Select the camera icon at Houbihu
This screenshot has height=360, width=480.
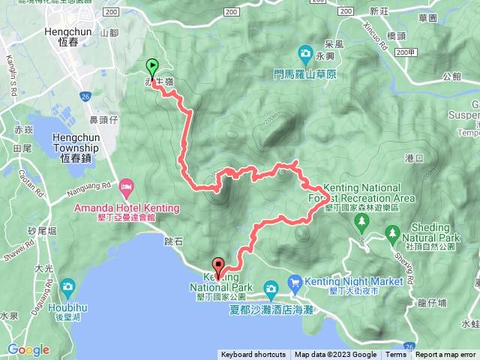tap(68, 286)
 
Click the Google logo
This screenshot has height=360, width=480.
tap(28, 349)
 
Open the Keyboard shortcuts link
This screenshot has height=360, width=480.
tap(253, 355)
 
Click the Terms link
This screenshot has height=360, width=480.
tap(395, 355)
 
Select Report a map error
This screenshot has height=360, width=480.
tap(445, 355)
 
